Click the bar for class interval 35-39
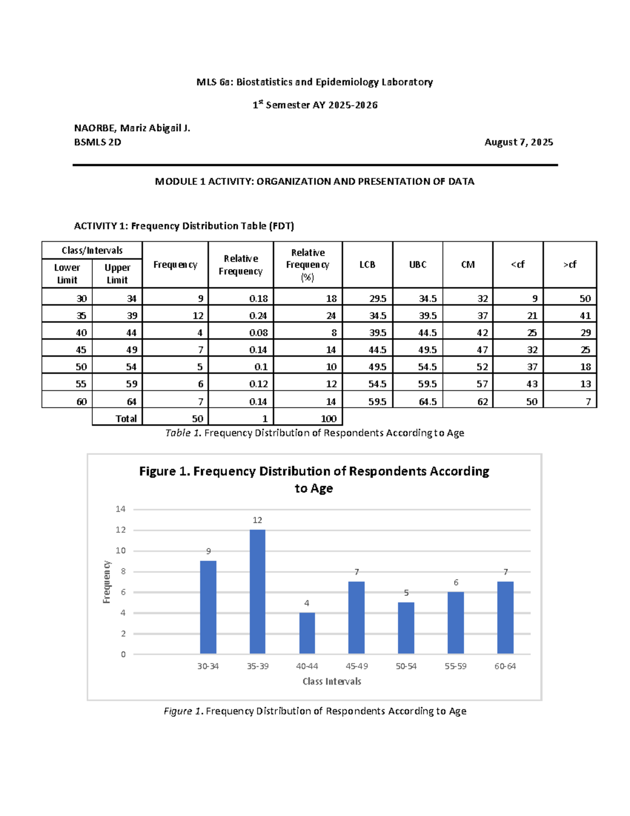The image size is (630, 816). point(257,591)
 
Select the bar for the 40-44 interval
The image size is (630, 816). point(307,633)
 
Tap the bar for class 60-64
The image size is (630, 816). point(505,617)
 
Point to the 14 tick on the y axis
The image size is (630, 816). point(121,509)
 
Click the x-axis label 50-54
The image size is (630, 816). point(406,666)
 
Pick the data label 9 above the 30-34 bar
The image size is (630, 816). point(208,551)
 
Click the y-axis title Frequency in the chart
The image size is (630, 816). point(107,582)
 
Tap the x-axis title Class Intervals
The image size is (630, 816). point(332,681)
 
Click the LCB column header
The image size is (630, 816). point(367,265)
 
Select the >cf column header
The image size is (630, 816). point(570,265)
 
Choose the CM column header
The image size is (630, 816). point(467,265)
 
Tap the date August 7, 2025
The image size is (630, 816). point(519,142)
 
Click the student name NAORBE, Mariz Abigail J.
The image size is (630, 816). point(132,128)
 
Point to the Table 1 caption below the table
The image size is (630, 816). point(314,433)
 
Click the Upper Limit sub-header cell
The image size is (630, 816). point(117,274)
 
